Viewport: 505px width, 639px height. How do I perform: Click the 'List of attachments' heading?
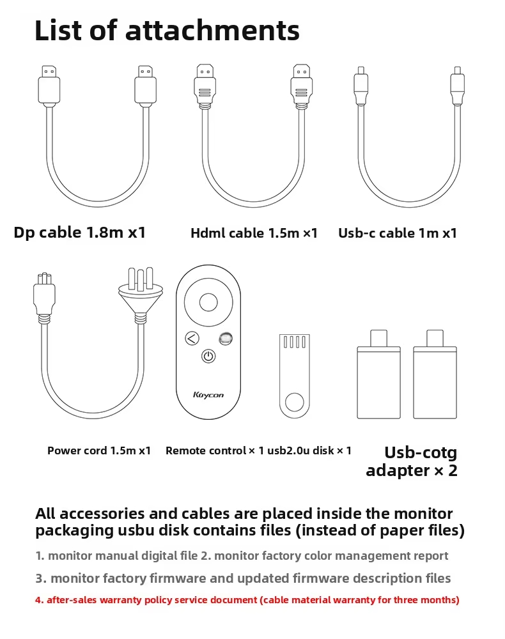click(167, 31)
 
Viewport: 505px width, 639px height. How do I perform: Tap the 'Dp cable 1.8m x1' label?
click(79, 233)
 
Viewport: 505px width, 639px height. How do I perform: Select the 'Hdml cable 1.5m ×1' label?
click(254, 233)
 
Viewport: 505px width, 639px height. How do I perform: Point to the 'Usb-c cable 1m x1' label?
click(398, 233)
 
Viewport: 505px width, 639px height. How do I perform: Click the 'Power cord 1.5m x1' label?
click(99, 450)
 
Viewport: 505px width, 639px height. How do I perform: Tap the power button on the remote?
click(208, 356)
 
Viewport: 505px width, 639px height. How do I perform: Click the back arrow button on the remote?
click(192, 338)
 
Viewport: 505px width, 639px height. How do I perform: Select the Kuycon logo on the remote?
click(208, 395)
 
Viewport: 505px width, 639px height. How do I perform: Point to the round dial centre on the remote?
click(208, 303)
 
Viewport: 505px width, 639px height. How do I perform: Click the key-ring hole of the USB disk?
click(295, 403)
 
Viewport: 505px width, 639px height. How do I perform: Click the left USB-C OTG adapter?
click(378, 374)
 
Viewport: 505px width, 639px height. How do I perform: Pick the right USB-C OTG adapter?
click(435, 374)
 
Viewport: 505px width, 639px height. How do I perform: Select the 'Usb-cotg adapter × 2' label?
click(412, 462)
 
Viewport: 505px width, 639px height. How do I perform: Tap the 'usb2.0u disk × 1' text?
click(309, 450)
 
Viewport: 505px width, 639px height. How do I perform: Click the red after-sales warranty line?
click(247, 600)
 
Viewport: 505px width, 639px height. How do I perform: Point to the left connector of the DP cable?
click(49, 86)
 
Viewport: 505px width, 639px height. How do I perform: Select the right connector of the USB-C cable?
click(457, 86)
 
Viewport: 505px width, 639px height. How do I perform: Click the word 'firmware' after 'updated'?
click(321, 578)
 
